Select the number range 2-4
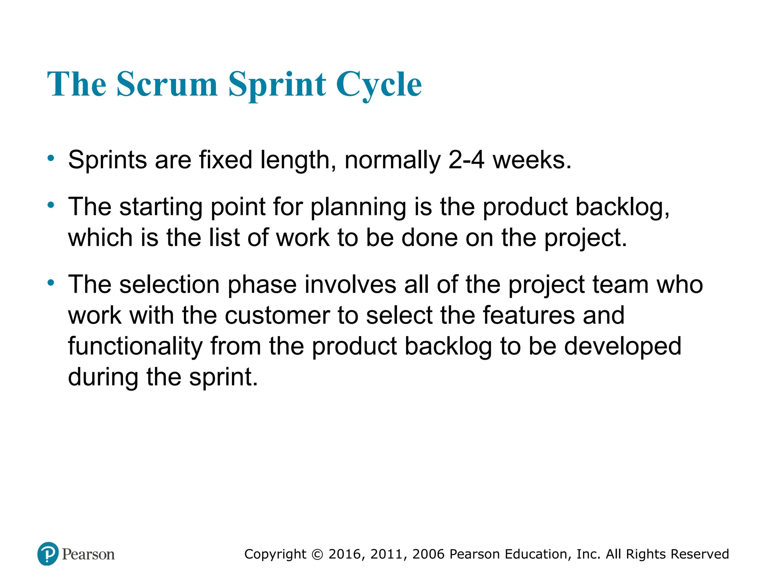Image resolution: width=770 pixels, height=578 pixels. click(x=466, y=160)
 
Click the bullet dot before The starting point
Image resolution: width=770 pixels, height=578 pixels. click(x=51, y=205)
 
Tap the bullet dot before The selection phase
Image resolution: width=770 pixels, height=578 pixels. click(x=51, y=283)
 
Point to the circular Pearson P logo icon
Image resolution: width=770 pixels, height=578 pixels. click(x=48, y=554)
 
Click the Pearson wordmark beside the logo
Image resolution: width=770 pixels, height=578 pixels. click(x=88, y=554)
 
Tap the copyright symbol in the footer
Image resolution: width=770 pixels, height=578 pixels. click(x=317, y=554)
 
